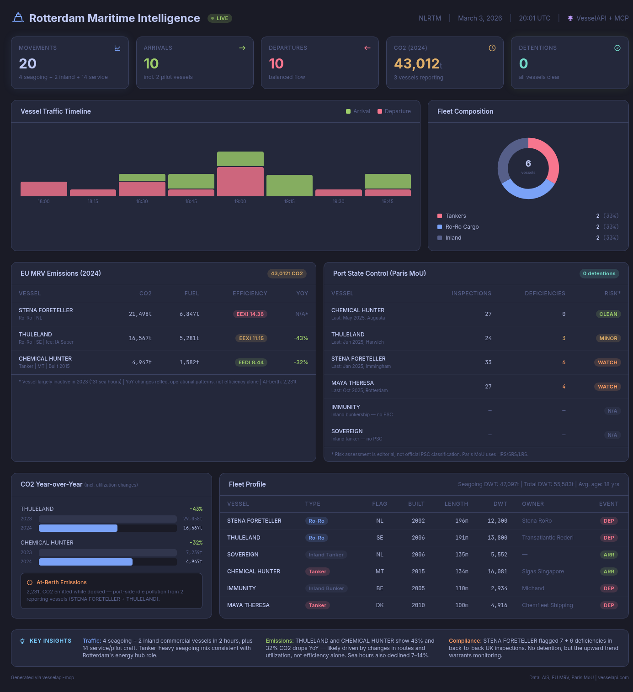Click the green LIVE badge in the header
click(x=220, y=18)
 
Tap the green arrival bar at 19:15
click(x=289, y=185)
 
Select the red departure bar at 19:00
click(x=240, y=182)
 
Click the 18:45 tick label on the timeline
click(x=191, y=201)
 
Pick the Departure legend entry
click(x=394, y=111)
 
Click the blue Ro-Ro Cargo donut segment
click(x=528, y=191)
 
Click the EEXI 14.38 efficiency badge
click(x=250, y=314)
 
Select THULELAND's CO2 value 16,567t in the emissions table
click(x=140, y=338)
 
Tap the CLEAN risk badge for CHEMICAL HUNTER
click(x=608, y=314)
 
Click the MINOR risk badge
click(x=608, y=338)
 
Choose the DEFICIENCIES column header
click(x=545, y=294)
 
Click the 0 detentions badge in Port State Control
click(x=599, y=273)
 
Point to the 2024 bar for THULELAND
click(x=78, y=528)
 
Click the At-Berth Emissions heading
click(x=61, y=582)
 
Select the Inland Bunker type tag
click(x=326, y=588)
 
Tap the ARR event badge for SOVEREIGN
click(x=609, y=555)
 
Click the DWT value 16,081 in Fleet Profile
click(x=497, y=571)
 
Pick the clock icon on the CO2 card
click(x=492, y=48)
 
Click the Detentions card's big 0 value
click(x=523, y=63)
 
